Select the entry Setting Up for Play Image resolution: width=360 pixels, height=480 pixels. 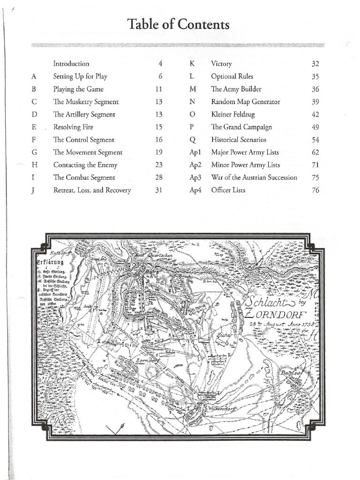point(81,76)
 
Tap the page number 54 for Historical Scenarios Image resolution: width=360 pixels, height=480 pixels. point(315,140)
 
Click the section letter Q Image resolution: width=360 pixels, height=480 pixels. point(192,140)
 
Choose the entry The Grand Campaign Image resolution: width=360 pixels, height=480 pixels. point(241,127)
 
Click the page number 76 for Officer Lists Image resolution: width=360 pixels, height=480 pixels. point(315,190)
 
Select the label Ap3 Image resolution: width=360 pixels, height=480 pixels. point(195,178)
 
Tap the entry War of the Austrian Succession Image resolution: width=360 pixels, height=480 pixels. point(254,178)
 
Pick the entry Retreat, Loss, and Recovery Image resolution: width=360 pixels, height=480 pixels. point(92,190)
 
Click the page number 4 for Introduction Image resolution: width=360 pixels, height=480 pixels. point(160,64)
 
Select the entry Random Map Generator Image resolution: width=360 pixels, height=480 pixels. point(245,102)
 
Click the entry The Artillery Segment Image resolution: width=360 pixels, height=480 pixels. point(84,114)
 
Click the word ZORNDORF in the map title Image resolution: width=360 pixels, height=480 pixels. point(275,313)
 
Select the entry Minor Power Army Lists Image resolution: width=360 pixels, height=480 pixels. point(245,165)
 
